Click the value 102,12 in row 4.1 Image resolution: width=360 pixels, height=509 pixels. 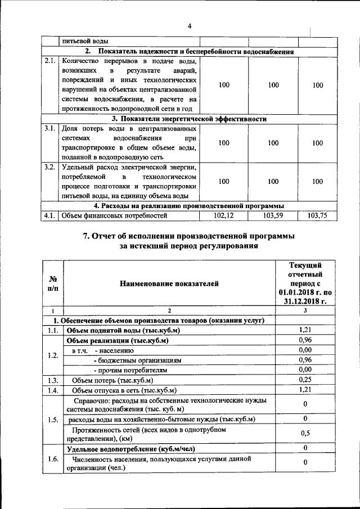pyautogui.click(x=224, y=215)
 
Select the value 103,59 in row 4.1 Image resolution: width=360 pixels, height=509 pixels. pyautogui.click(x=273, y=215)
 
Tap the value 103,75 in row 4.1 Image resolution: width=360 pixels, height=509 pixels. pyautogui.click(x=317, y=215)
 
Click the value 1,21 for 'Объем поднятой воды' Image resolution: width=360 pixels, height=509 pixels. pyautogui.click(x=305, y=330)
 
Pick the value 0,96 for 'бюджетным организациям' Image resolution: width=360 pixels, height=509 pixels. pyautogui.click(x=305, y=360)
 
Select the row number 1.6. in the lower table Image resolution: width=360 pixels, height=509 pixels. pyautogui.click(x=53, y=459)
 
